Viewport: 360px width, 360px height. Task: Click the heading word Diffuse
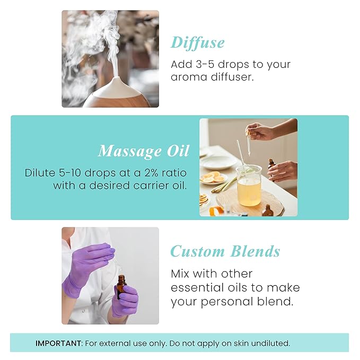(197, 42)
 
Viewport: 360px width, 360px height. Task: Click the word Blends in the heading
(254, 251)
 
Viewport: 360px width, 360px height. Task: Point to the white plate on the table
(217, 161)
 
